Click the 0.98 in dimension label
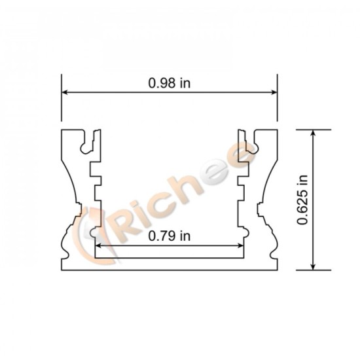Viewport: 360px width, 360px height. point(169,83)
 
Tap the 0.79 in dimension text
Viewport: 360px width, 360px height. point(169,236)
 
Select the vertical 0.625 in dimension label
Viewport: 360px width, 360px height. point(302,200)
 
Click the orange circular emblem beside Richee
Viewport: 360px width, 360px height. point(92,229)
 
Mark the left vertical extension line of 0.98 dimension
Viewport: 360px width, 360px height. point(62,98)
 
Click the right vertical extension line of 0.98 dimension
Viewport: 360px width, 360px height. point(278,98)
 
